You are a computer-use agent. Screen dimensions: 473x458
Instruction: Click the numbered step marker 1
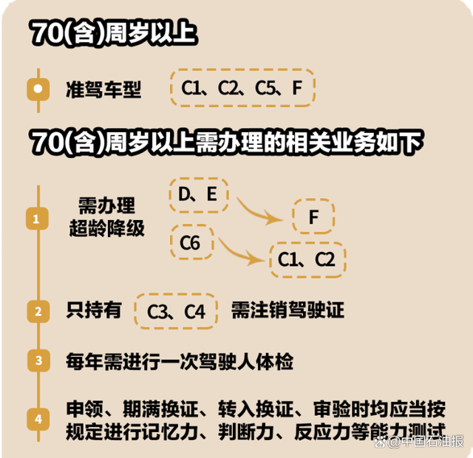(x=37, y=219)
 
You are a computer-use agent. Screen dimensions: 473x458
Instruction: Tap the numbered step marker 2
(x=38, y=312)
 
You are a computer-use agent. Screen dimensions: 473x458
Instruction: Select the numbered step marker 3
(x=38, y=360)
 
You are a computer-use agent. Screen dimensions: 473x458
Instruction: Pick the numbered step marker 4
(x=38, y=419)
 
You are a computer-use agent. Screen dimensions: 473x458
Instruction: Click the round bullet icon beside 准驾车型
(x=38, y=89)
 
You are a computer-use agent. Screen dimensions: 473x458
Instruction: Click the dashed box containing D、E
(x=199, y=195)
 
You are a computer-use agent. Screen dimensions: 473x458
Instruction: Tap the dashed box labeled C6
(x=192, y=242)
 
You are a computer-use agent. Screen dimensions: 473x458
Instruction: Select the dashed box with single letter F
(x=313, y=216)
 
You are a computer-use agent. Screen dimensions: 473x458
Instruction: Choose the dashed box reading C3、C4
(x=176, y=311)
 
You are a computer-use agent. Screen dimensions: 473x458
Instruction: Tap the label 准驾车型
(x=103, y=89)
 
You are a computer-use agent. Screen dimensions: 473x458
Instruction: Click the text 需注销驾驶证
(x=287, y=310)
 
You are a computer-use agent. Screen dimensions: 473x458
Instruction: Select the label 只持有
(x=94, y=310)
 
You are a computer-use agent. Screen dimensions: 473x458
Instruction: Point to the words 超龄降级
(x=106, y=228)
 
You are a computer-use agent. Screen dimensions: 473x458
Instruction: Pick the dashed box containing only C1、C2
(x=307, y=259)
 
